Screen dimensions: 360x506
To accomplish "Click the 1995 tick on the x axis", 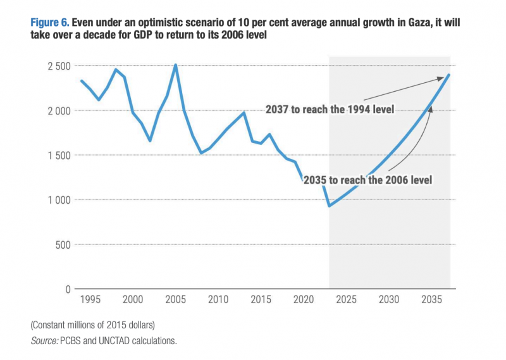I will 90,299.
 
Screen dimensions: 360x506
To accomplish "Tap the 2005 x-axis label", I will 175,299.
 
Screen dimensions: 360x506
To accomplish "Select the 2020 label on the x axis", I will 304,299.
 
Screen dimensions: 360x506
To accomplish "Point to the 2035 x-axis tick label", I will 432,299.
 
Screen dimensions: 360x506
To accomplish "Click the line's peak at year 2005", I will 175,65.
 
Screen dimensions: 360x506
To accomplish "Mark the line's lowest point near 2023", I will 329,206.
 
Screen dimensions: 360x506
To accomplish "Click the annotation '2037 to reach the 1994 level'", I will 330,109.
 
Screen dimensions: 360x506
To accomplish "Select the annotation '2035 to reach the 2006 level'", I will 367,180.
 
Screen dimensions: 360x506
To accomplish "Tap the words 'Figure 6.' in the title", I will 49,23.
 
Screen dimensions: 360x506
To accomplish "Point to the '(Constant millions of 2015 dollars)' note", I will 92,325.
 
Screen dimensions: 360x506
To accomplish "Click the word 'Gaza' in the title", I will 414,23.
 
